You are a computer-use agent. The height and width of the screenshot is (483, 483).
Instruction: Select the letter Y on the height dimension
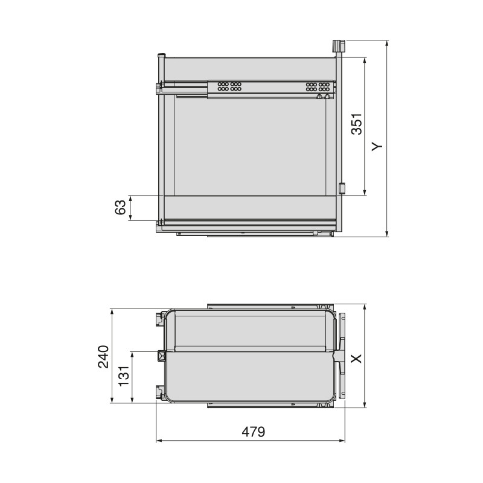[376, 146]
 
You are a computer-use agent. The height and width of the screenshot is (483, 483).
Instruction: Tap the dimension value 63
[121, 208]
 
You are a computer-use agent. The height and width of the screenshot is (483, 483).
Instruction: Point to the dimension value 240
[103, 356]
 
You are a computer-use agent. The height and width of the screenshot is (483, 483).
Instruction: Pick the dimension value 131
[124, 377]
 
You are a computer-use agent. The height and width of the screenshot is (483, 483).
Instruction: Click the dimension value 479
[254, 432]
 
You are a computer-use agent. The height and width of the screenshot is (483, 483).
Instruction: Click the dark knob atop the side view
[337, 46]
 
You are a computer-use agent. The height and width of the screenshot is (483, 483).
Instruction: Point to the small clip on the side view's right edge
[342, 188]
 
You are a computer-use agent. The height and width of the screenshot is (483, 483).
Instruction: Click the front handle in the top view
[342, 356]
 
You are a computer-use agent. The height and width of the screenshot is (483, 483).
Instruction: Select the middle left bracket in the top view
[161, 355]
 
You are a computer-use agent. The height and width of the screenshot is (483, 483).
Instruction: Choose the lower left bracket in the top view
[160, 393]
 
